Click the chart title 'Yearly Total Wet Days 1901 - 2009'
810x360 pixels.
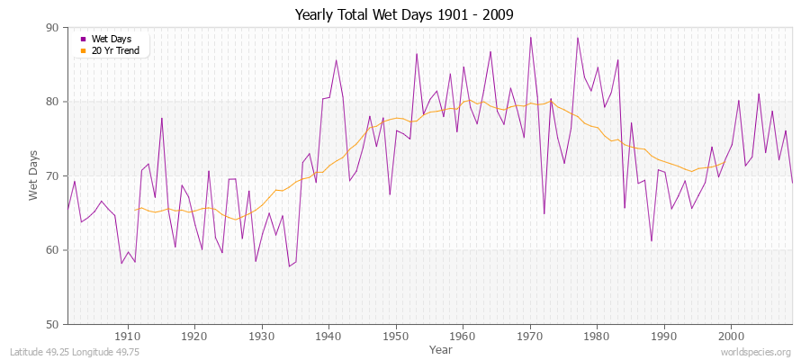click(x=404, y=15)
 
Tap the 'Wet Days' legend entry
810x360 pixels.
click(x=112, y=39)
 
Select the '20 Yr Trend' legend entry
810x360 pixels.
click(x=116, y=49)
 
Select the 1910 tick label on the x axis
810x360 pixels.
click(x=127, y=336)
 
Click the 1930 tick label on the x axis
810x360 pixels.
click(x=261, y=336)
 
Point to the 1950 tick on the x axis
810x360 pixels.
click(x=395, y=336)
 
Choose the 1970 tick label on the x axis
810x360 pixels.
click(x=529, y=336)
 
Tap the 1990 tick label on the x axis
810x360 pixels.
click(x=663, y=336)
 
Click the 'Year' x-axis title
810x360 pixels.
click(x=441, y=348)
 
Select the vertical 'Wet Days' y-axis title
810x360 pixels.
click(x=34, y=176)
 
